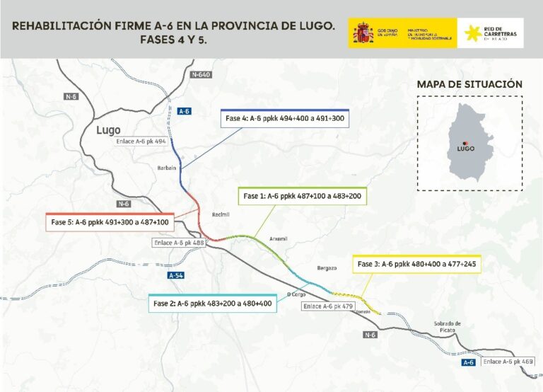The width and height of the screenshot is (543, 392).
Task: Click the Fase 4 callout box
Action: click(x=285, y=119)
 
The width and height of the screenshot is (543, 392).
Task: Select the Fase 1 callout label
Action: click(x=303, y=195)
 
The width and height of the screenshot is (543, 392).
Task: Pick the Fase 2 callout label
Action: click(x=211, y=304)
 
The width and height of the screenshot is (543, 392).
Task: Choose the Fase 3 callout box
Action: click(x=416, y=264)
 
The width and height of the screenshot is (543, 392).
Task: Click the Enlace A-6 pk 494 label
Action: click(x=141, y=142)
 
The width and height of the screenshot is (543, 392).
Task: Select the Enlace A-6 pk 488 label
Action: click(x=180, y=243)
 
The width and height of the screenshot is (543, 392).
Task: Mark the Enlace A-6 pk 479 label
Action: click(x=328, y=306)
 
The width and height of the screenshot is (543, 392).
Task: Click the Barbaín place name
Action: click(x=165, y=168)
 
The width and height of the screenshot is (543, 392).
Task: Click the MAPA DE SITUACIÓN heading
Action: click(x=469, y=84)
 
